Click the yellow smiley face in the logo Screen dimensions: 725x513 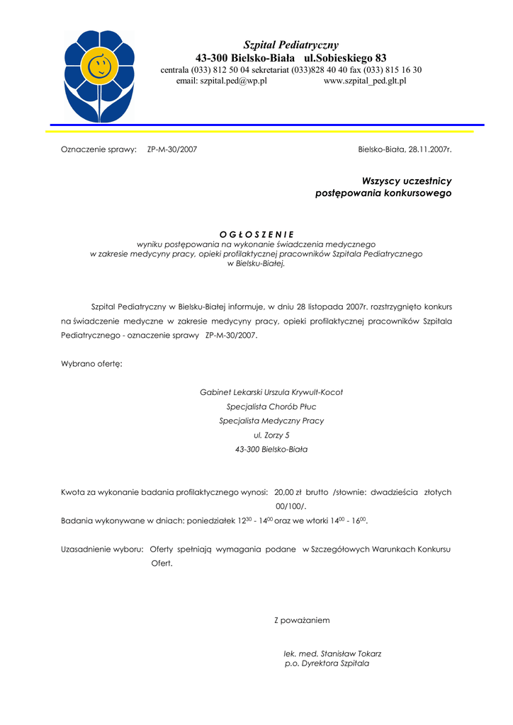click(x=99, y=66)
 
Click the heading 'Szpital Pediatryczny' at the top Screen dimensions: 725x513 click(x=291, y=45)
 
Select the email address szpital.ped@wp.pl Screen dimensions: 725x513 click(x=221, y=81)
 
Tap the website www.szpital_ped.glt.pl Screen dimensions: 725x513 click(x=364, y=81)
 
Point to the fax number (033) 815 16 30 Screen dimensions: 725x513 click(x=393, y=70)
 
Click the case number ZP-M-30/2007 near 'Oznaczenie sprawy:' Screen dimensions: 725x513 click(x=172, y=149)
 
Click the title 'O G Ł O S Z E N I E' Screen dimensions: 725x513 click(x=256, y=234)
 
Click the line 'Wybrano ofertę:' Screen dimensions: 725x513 click(x=91, y=363)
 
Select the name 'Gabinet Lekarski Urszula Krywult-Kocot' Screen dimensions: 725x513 click(x=271, y=392)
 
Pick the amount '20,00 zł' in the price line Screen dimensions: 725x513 click(x=288, y=492)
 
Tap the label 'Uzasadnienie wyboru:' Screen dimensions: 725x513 click(x=103, y=549)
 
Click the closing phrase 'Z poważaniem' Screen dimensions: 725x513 click(x=302, y=621)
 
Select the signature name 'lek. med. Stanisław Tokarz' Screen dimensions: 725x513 click(x=332, y=653)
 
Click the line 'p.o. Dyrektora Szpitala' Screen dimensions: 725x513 click(x=327, y=664)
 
